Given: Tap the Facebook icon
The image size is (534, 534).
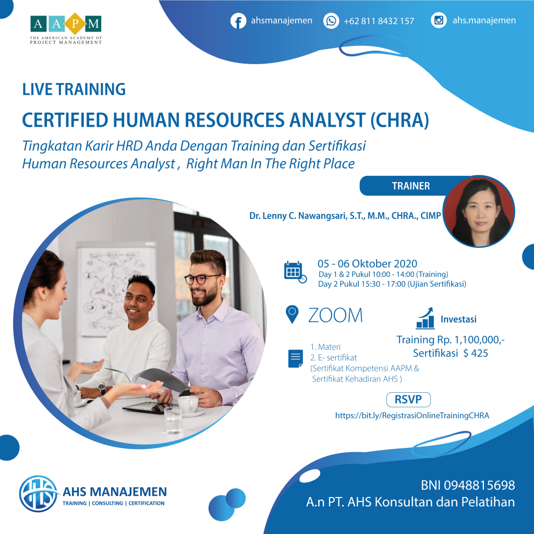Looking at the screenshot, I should [238, 21].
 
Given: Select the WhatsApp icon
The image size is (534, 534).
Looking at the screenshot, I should [331, 21].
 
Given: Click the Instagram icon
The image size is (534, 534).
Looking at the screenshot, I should [439, 21].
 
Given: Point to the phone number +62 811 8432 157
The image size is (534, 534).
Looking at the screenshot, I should [379, 21].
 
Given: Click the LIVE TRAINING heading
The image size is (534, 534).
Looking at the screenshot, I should [74, 89].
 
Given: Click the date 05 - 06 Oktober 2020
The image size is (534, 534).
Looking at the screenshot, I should [367, 264].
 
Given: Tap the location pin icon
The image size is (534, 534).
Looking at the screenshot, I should [293, 314].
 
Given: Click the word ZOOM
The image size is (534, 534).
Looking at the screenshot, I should [335, 315].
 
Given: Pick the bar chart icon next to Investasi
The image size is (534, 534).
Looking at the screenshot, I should [426, 318].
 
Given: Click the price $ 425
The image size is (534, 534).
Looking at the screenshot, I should [476, 353].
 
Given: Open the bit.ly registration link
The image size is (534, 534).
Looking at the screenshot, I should [412, 416].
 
